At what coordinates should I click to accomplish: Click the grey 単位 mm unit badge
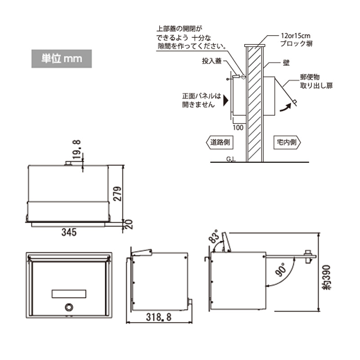point(62,59)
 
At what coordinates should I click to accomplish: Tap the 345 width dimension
point(69,232)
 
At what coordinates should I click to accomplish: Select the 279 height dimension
point(117,194)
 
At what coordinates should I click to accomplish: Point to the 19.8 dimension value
point(76,149)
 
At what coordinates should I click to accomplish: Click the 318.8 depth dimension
point(159,317)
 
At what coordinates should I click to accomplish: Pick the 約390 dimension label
point(327,278)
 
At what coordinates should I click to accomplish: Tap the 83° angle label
point(214,237)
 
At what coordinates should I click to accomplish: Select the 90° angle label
point(280,270)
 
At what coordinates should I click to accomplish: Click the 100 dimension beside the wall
point(238,127)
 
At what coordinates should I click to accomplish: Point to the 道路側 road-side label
point(220,142)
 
